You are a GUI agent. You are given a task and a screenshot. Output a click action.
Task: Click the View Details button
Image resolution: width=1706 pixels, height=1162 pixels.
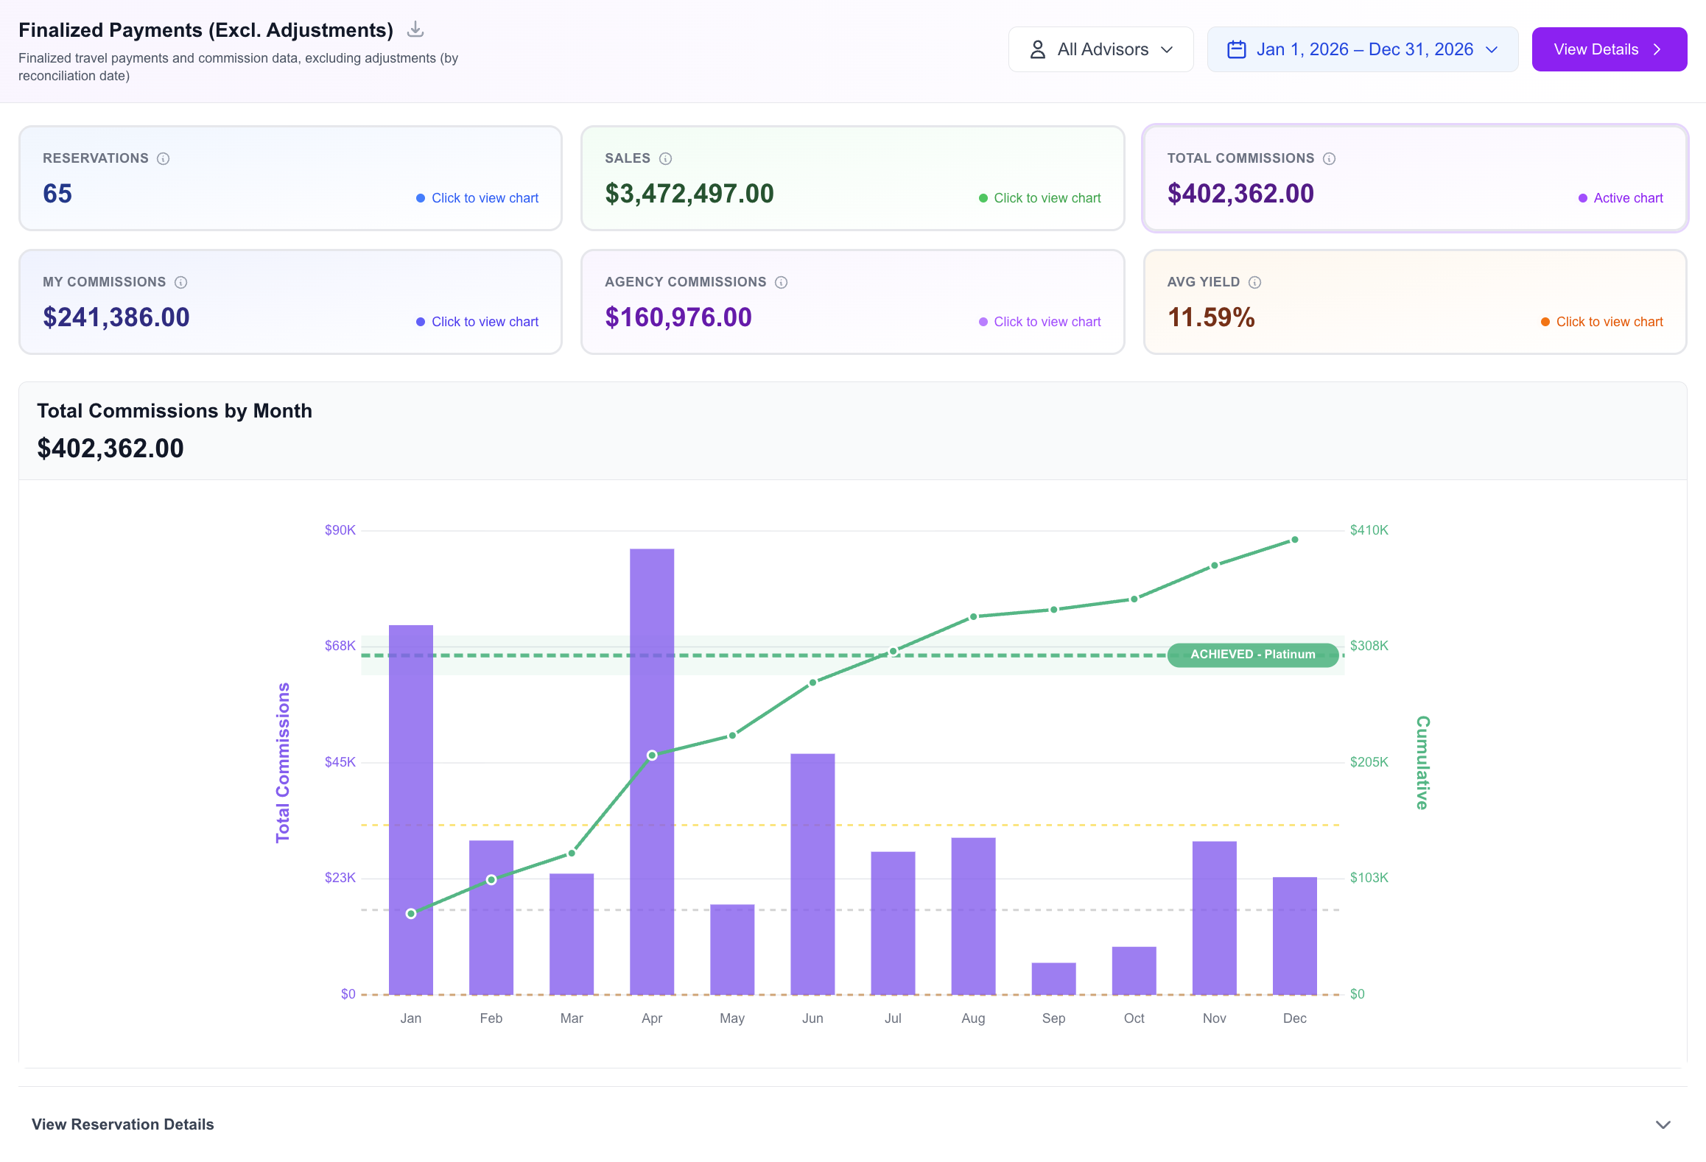coord(1608,49)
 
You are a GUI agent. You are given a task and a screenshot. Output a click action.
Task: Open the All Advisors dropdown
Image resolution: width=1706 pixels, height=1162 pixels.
coord(1100,49)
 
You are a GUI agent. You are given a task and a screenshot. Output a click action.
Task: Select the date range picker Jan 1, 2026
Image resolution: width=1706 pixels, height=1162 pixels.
coord(1362,49)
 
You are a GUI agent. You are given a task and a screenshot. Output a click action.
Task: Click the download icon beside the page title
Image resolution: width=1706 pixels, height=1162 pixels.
coord(415,29)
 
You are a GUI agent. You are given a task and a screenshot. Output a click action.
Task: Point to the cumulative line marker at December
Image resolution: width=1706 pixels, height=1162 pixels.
coord(1294,540)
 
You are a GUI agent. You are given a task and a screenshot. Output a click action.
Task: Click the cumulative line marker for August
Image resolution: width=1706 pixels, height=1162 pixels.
coord(973,616)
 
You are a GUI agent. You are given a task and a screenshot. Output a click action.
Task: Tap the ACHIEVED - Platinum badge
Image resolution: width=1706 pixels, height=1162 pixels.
coord(1252,655)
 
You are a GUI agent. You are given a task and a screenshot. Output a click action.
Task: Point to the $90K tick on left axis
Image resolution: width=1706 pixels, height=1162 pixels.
coord(340,530)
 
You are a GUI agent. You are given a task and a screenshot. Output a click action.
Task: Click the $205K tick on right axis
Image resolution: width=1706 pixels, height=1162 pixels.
coord(1369,762)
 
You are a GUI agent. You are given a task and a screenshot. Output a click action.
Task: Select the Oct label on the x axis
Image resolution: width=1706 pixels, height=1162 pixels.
coord(1134,1018)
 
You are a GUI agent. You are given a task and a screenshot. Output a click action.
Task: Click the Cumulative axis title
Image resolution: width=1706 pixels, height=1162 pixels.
coord(1422,762)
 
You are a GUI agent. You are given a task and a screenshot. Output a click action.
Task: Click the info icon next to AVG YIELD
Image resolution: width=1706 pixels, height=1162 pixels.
coord(1254,282)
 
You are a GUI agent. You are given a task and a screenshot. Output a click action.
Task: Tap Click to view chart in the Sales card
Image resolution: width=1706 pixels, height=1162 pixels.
coord(1046,198)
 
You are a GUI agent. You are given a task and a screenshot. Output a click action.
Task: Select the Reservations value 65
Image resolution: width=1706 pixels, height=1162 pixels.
coord(57,194)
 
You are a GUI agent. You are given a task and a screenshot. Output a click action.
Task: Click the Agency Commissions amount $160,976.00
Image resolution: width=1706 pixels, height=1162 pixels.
coord(678,317)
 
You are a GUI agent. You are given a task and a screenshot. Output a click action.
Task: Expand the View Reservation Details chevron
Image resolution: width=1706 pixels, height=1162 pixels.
coord(1663,1124)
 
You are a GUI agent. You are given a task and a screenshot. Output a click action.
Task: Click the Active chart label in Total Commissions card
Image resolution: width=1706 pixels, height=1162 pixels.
coord(1627,198)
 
